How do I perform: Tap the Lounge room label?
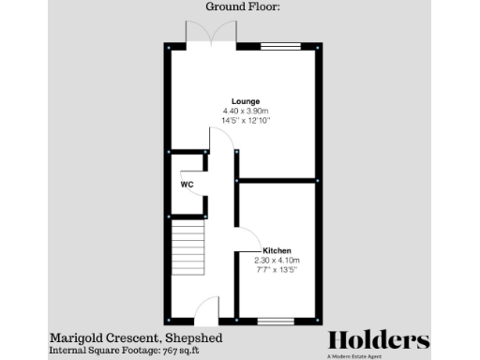246,101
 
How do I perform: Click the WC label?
187,185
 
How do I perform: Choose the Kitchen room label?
277,250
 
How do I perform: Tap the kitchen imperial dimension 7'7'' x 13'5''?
277,271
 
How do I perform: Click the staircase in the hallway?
187,247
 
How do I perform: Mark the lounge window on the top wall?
280,44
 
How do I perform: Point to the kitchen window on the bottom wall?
276,321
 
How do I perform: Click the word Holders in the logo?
378,340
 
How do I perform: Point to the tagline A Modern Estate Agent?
378,355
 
